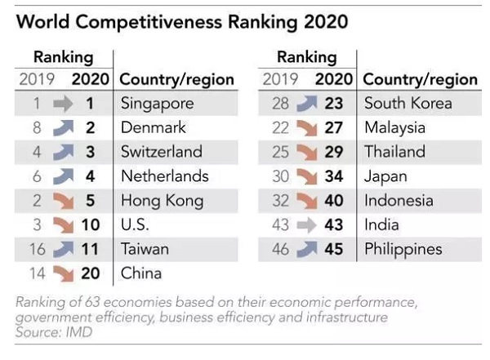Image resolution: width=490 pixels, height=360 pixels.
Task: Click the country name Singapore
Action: [x=157, y=104]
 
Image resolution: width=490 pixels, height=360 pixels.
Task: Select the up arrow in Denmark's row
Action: [x=62, y=128]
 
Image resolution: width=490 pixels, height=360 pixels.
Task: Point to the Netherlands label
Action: [x=164, y=176]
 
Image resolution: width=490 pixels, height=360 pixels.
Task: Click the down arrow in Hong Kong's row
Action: [x=62, y=201]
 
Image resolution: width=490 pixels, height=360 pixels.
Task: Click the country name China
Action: [x=140, y=273]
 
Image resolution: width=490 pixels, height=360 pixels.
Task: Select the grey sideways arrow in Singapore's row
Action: [x=62, y=104]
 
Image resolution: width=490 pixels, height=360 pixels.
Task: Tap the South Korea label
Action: [x=408, y=104]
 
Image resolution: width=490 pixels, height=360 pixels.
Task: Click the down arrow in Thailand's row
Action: [x=305, y=152]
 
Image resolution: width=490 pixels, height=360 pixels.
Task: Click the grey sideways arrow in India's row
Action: [x=305, y=225]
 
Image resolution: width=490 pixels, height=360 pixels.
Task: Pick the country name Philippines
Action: [x=403, y=249]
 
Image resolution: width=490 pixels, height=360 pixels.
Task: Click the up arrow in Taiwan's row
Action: [x=62, y=249]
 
